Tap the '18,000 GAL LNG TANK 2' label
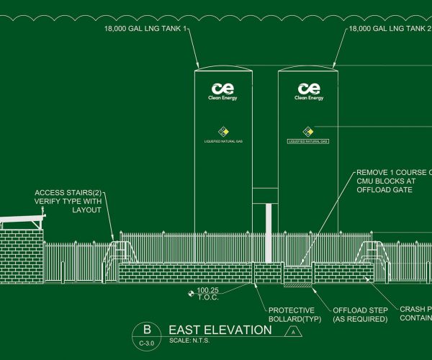388,30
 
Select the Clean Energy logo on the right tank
309,91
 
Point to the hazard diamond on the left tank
224,131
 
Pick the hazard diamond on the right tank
308,131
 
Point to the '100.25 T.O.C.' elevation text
208,294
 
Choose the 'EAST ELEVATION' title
220,330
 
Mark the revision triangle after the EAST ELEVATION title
293,331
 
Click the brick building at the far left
22,252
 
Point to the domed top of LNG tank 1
224,68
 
